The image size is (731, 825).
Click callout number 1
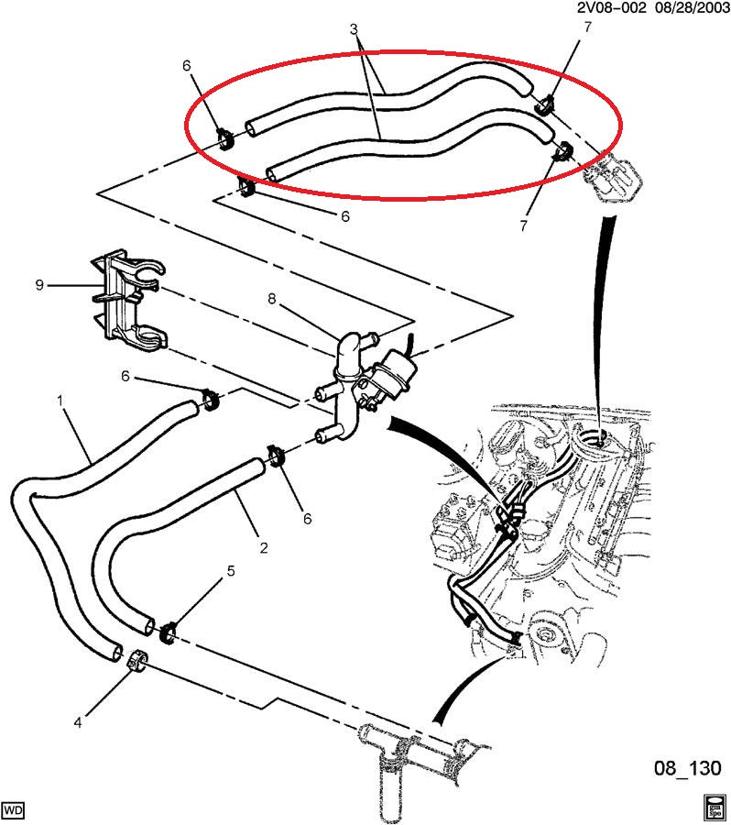[x=60, y=401]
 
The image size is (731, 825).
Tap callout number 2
[x=263, y=548]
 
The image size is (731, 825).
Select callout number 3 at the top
[x=355, y=30]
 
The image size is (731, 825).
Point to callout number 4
[x=78, y=722]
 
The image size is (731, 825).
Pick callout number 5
[x=230, y=571]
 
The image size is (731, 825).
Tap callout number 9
[x=39, y=285]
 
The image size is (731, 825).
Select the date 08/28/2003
[x=691, y=7]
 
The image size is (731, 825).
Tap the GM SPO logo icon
[x=715, y=807]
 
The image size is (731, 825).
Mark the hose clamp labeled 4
[x=137, y=660]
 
